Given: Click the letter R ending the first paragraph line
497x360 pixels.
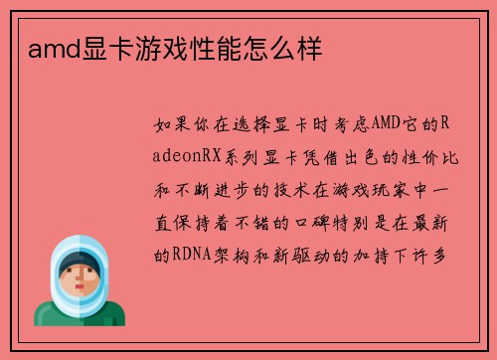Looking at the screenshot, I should pos(445,123).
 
